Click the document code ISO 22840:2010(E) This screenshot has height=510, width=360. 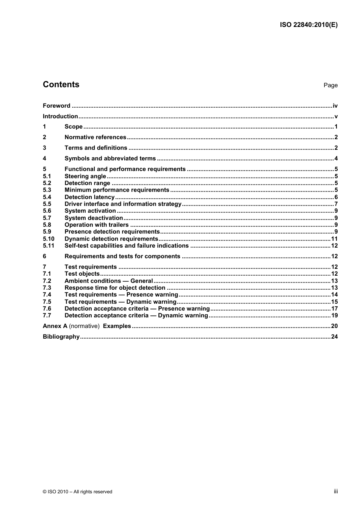[x=308, y=25]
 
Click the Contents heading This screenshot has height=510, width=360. [x=61, y=85]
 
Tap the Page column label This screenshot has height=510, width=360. [x=330, y=85]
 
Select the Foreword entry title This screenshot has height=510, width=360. [x=56, y=106]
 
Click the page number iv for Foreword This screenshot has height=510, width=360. [x=335, y=106]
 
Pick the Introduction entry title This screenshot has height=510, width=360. [x=60, y=116]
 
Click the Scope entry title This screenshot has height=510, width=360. [x=74, y=127]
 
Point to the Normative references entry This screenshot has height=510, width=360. [x=95, y=137]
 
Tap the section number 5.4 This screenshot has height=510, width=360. [x=47, y=197]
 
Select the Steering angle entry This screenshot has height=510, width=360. [x=85, y=176]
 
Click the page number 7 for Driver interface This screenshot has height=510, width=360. [x=336, y=204]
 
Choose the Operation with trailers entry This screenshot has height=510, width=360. [x=97, y=225]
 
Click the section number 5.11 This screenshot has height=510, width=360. [x=49, y=246]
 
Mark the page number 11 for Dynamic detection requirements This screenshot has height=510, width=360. [x=334, y=239]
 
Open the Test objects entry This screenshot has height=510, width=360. [x=82, y=274]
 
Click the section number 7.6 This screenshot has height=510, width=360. [x=47, y=309]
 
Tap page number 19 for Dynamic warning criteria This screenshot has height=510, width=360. [x=334, y=315]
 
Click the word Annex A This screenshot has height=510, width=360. [x=55, y=326]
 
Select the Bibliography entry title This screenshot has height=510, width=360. [x=61, y=337]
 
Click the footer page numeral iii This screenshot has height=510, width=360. [x=336, y=491]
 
